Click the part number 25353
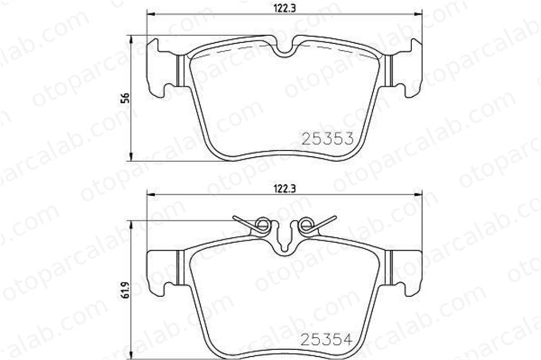tap(328, 138)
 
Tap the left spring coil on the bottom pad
tap(262, 225)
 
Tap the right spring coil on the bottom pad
tap(305, 225)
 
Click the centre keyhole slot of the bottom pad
tap(285, 242)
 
